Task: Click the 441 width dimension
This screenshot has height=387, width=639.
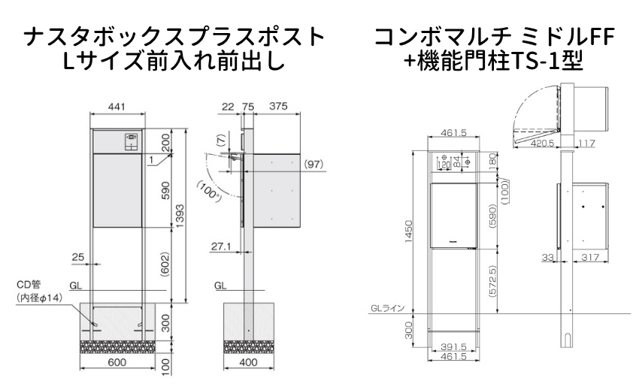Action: tap(117, 107)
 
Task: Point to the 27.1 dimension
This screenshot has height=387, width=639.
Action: tap(221, 246)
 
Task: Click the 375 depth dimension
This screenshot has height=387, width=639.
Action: tap(278, 106)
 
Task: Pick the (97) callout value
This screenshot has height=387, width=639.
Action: tap(313, 164)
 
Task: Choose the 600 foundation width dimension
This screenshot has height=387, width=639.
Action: tap(117, 362)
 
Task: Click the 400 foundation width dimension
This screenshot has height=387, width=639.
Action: tap(248, 362)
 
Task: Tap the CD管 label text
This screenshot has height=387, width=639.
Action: tap(29, 285)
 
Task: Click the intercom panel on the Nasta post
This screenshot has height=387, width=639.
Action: tap(132, 142)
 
